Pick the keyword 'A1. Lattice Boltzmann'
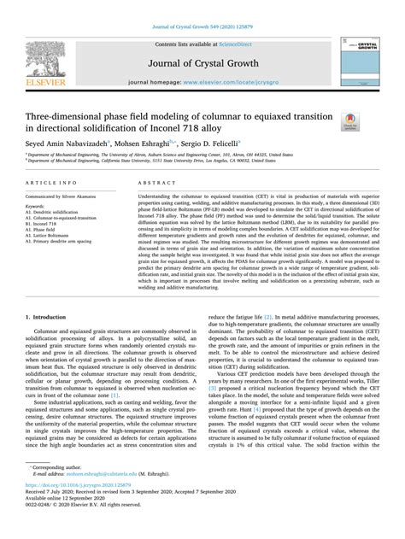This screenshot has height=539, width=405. [56, 236]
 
